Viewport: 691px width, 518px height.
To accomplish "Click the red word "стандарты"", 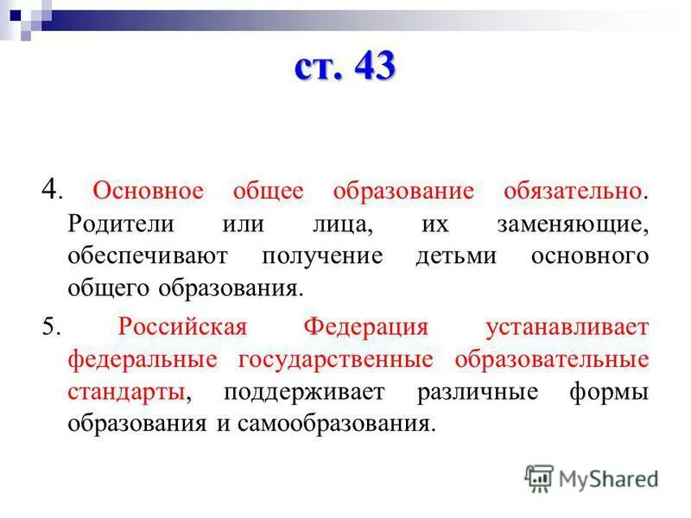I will (126, 392).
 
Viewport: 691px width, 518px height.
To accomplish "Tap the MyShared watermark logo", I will (592, 477).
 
